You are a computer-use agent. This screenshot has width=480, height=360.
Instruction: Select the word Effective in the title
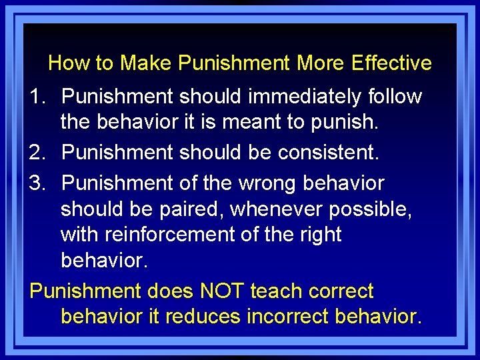[391, 63]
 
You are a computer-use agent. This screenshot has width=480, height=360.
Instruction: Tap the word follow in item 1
[395, 97]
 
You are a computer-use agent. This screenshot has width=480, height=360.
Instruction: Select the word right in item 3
[318, 235]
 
